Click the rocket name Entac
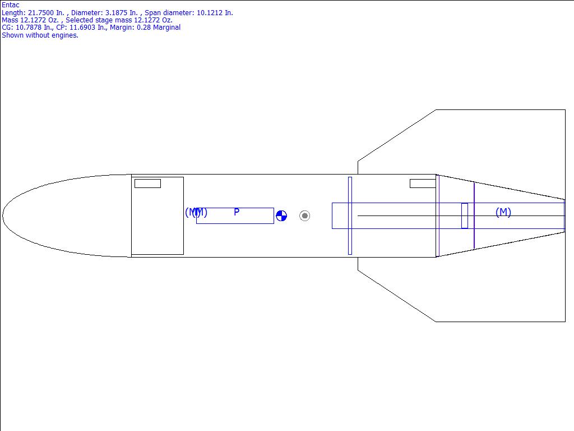point(11,4)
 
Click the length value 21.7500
point(40,13)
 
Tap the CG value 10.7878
point(29,27)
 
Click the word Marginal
point(166,27)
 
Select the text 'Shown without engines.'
point(40,35)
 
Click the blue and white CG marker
point(281,216)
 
